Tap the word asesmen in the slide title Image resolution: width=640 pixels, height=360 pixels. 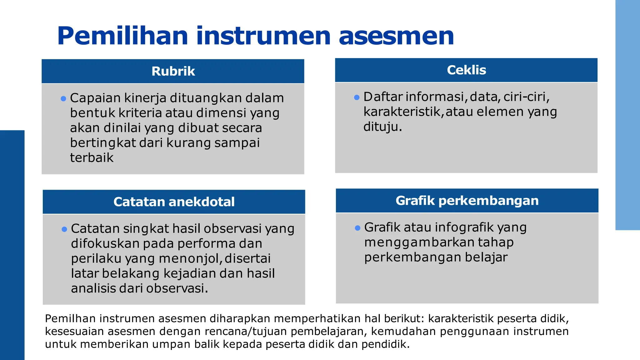pyautogui.click(x=396, y=36)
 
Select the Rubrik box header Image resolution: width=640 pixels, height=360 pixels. pyautogui.click(x=173, y=71)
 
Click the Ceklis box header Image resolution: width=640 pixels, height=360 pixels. pyautogui.click(x=466, y=70)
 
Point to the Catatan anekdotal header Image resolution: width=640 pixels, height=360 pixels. pyautogui.click(x=174, y=202)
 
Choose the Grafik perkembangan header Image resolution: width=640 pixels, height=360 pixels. pyautogui.click(x=467, y=201)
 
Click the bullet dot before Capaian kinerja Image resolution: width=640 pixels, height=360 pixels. pyautogui.click(x=63, y=99)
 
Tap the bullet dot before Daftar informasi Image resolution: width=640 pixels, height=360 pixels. pyautogui.click(x=357, y=97)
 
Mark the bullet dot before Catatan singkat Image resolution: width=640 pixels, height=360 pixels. pyautogui.click(x=64, y=229)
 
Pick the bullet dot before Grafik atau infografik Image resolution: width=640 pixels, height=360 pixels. pyautogui.click(x=357, y=228)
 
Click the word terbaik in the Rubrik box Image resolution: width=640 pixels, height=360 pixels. pyautogui.click(x=92, y=157)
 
